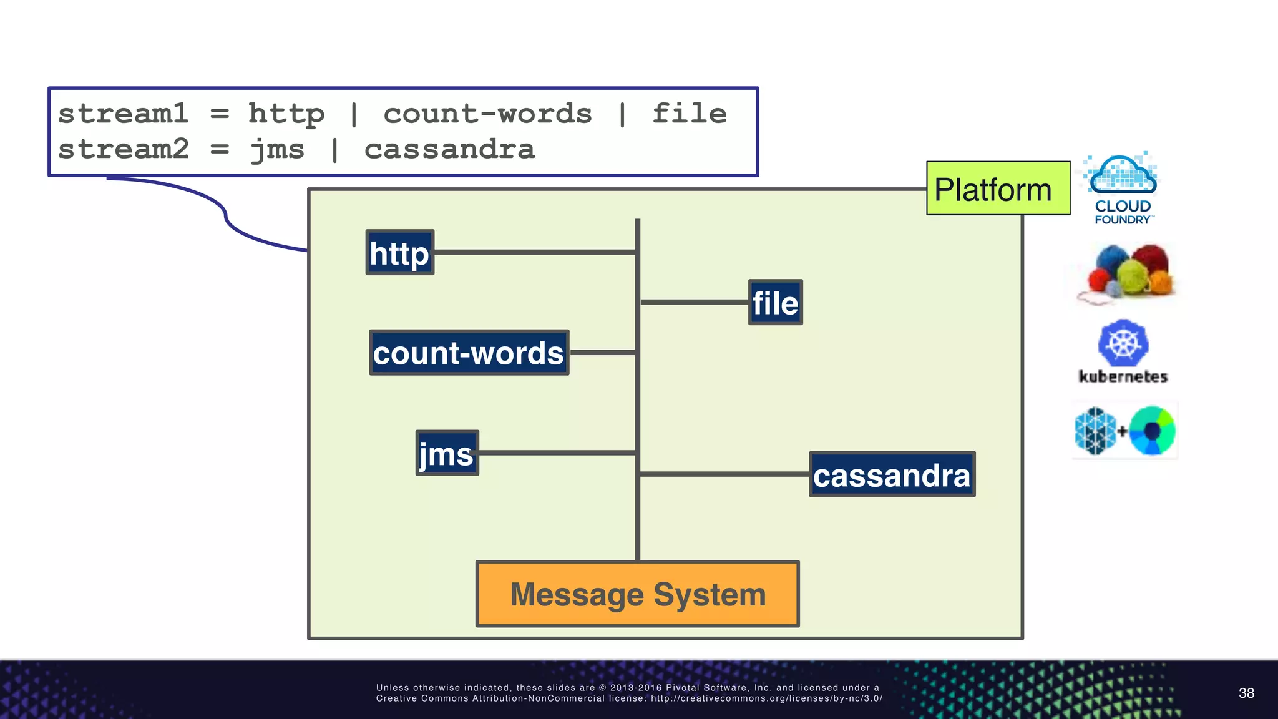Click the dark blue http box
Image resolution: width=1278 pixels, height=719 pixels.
[x=399, y=253]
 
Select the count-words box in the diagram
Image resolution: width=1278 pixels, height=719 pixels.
[x=469, y=353]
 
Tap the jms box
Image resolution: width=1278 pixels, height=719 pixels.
[x=447, y=453]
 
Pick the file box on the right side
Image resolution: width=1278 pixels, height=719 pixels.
[x=775, y=303]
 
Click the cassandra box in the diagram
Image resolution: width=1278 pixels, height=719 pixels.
[x=892, y=474]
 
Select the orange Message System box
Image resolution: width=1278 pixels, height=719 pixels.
[x=637, y=594]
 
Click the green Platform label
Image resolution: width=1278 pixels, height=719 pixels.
[x=998, y=188]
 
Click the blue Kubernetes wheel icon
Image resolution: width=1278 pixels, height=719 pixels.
[x=1123, y=343]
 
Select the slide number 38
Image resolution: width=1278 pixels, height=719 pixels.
[x=1246, y=693]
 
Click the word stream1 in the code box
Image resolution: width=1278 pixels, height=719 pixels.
[x=123, y=114]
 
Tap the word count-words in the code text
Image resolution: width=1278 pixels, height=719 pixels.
[x=487, y=114]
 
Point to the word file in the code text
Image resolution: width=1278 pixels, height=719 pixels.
[x=690, y=114]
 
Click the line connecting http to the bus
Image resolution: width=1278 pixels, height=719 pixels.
[x=534, y=252]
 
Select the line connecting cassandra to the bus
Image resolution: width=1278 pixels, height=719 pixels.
[x=724, y=474]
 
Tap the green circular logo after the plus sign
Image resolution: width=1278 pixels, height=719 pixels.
[x=1152, y=431]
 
